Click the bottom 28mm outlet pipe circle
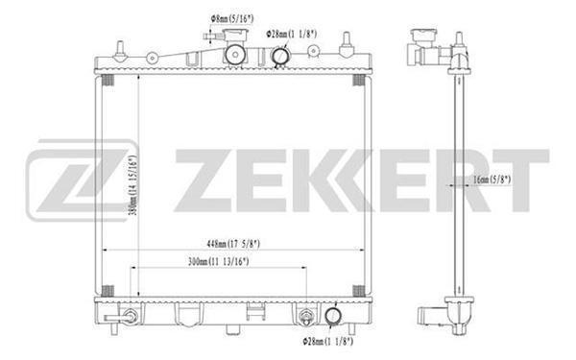click(x=332, y=315)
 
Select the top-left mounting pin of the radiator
click(x=118, y=49)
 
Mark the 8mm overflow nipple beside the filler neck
click(x=209, y=36)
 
